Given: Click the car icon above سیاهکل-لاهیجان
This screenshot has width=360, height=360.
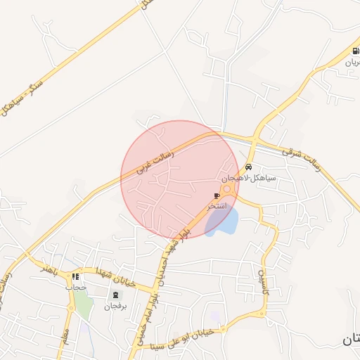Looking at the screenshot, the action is pyautogui.click(x=249, y=167).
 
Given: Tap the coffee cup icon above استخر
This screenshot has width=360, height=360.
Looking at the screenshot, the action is pyautogui.click(x=217, y=196).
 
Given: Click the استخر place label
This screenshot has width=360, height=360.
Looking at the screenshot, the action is pyautogui.click(x=217, y=207).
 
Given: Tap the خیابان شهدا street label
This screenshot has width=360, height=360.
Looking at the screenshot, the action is pyautogui.click(x=120, y=274).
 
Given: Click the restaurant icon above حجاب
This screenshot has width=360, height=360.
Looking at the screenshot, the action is pyautogui.click(x=75, y=277).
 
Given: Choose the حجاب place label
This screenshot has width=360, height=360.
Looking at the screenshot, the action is pyautogui.click(x=75, y=287).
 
